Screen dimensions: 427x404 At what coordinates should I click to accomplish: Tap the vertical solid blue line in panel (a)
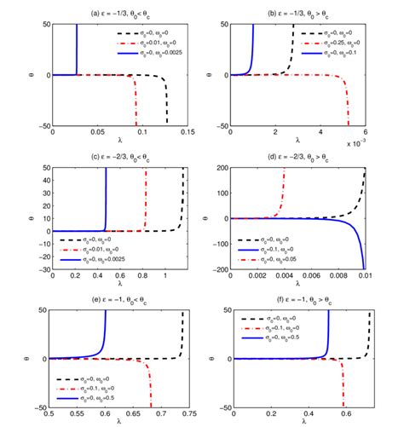coord(77,51)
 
